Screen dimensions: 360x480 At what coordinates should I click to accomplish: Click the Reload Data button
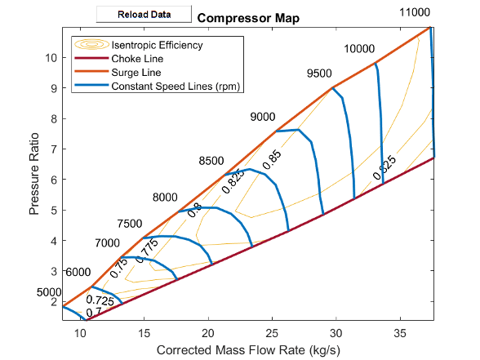144,15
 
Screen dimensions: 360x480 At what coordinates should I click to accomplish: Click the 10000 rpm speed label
359,49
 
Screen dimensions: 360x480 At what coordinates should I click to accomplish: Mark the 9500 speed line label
320,74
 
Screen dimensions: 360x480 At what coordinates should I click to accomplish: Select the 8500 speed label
211,161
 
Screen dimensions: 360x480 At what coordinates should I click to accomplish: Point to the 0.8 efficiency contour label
196,210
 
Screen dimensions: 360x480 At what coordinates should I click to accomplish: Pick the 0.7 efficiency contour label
94,312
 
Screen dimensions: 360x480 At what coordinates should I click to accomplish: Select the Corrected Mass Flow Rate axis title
247,350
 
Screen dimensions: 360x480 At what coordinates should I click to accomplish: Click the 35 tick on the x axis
400,332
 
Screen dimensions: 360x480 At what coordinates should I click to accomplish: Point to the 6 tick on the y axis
53,180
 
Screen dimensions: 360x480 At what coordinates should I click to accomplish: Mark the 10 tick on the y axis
51,58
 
